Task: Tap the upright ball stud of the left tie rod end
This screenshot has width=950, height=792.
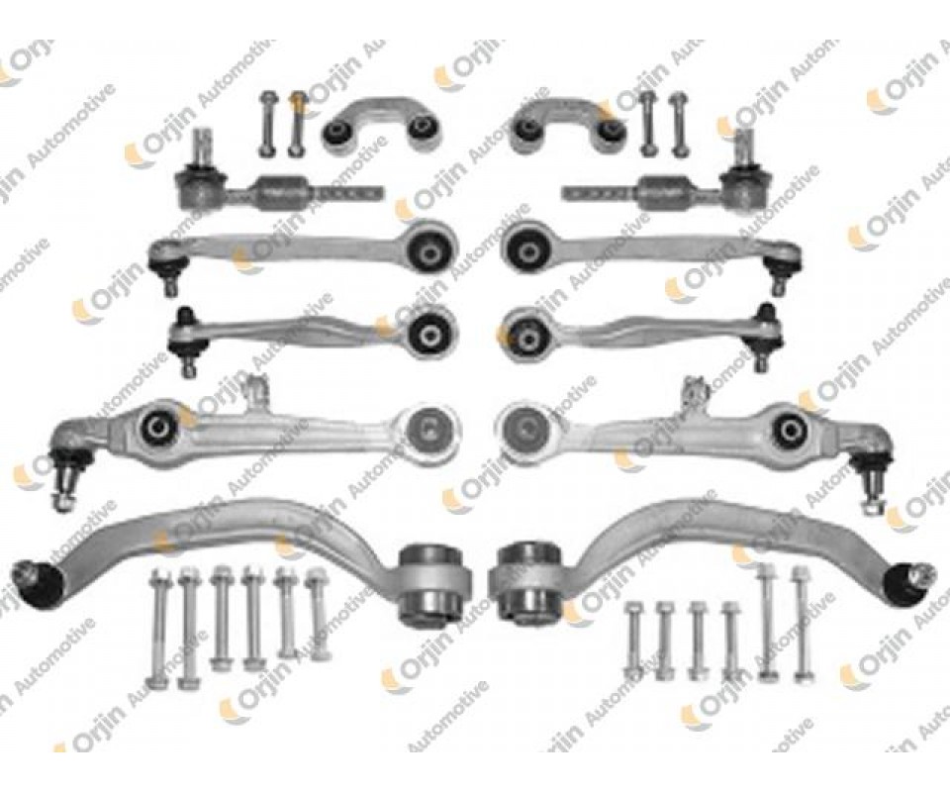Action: tap(201, 148)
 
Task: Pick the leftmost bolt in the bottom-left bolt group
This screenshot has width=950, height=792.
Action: tap(158, 629)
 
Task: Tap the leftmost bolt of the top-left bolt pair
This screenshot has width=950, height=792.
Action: tap(266, 123)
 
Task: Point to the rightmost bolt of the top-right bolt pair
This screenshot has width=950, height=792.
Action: tap(677, 123)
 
